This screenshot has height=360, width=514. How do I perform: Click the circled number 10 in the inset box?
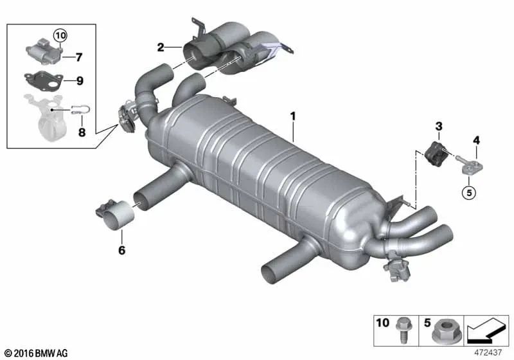click(x=60, y=35)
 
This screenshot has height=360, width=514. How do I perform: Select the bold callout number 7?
click(x=78, y=57)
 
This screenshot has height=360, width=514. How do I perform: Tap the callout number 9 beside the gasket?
click(x=80, y=80)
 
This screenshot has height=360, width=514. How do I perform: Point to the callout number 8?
click(x=82, y=132)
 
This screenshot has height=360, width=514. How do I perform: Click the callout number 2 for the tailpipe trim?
click(x=160, y=48)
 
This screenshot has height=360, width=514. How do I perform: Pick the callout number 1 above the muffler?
click(x=293, y=116)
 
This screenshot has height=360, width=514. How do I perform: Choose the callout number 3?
click(x=439, y=126)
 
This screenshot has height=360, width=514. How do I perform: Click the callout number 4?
click(x=476, y=140)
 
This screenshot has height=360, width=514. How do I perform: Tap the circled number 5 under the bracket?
click(x=469, y=192)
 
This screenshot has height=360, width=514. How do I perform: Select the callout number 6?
click(x=121, y=250)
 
